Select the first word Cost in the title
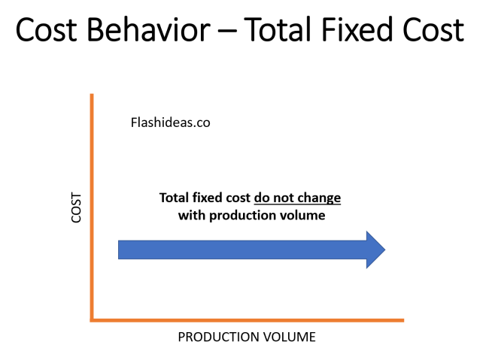tap(47, 32)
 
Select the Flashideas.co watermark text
tap(170, 123)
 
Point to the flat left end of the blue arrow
tap(120, 250)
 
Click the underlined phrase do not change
tap(297, 198)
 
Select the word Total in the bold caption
tap(174, 198)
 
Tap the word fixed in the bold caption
tap(207, 198)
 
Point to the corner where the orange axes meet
tap(92, 320)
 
